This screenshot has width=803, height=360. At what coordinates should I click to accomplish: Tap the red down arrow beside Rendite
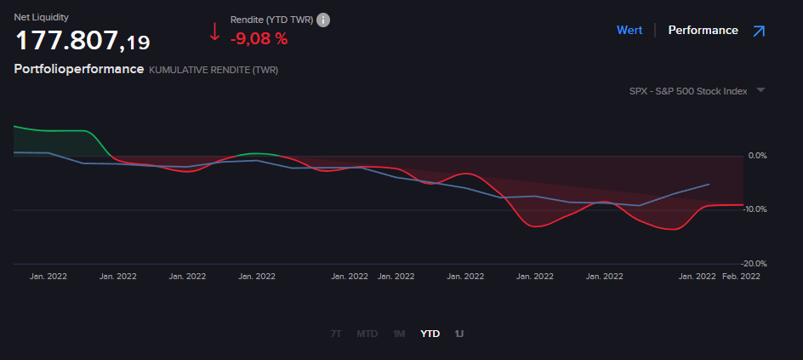(x=214, y=33)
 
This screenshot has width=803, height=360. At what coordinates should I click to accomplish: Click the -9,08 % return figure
(x=259, y=37)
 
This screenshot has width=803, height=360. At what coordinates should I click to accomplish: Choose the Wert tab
(x=629, y=30)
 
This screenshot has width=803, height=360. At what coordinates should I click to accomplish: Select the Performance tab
(x=703, y=30)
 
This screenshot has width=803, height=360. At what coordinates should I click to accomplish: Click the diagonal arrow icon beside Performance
(x=759, y=31)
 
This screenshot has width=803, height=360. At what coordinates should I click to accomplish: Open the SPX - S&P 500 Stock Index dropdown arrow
(x=760, y=90)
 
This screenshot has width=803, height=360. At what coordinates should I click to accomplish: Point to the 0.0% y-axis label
(x=757, y=156)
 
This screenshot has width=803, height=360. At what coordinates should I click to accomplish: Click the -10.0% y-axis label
(x=755, y=209)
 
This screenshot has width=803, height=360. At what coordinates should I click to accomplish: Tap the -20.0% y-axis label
(x=755, y=264)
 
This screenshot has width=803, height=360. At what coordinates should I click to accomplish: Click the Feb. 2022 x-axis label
(x=742, y=276)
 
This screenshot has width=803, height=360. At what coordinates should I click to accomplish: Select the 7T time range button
(x=335, y=334)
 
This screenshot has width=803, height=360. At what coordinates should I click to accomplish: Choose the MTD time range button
(x=367, y=334)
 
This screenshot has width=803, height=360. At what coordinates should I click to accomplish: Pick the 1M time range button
(x=399, y=334)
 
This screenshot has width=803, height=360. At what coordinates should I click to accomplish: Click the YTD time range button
(x=430, y=334)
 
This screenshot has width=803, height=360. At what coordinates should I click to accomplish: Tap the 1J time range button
(x=459, y=334)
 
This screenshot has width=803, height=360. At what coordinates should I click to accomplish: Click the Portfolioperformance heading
(x=79, y=69)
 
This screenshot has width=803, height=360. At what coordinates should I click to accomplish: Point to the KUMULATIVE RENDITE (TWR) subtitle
(x=214, y=70)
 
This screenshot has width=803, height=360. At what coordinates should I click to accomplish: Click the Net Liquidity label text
(x=42, y=17)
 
